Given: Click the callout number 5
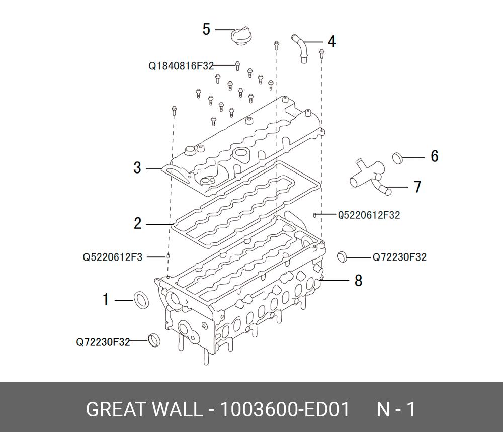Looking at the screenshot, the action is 206,29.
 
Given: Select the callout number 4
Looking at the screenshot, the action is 331,41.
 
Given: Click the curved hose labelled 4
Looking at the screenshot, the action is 301,48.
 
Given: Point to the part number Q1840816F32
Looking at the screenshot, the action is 181,66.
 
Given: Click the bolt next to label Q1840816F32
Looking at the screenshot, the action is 238,65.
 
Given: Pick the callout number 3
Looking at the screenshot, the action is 137,168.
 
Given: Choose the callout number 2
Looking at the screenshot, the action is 138,223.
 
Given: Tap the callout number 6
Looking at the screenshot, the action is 435,156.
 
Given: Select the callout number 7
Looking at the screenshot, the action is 417,187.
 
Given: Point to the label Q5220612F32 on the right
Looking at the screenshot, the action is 369,215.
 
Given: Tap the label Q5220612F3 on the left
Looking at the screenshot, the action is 113,257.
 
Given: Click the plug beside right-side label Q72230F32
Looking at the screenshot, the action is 342,256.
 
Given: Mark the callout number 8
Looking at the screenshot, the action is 358,280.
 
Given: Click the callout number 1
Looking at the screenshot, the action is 106,300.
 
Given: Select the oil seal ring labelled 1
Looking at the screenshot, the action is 141,300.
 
